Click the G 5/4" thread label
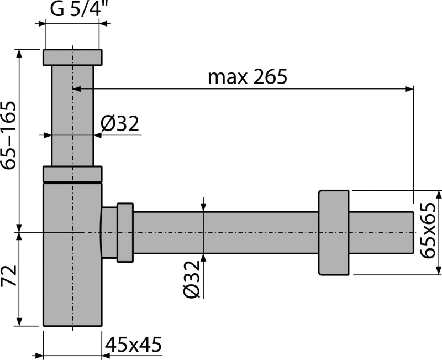76,9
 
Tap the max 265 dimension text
248,77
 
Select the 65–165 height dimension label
8,135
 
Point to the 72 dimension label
8,275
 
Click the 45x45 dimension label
134,344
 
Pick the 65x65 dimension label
428,231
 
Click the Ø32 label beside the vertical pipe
120,123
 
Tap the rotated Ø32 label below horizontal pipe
192,279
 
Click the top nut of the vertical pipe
72,58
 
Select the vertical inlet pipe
72,116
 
